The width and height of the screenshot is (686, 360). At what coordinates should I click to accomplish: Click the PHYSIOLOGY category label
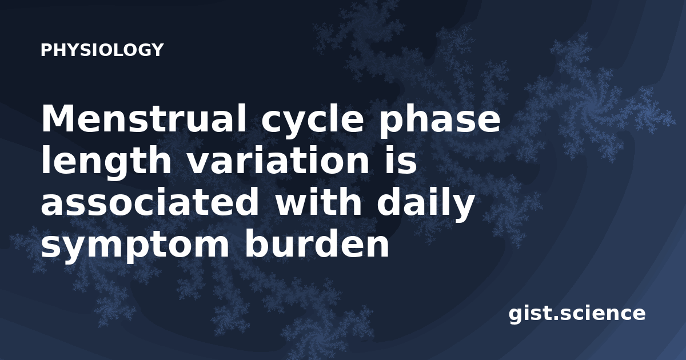click(102, 50)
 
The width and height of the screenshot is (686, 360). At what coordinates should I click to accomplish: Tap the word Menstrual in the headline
click(143, 118)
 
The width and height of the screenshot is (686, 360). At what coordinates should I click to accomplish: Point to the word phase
click(440, 122)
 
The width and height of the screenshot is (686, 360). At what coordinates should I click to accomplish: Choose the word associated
click(150, 202)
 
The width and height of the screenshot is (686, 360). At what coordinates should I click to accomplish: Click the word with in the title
click(318, 202)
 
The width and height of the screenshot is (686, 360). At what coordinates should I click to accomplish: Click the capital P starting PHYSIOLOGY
click(46, 50)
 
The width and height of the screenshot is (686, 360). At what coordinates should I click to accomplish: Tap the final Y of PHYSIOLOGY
click(157, 50)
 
